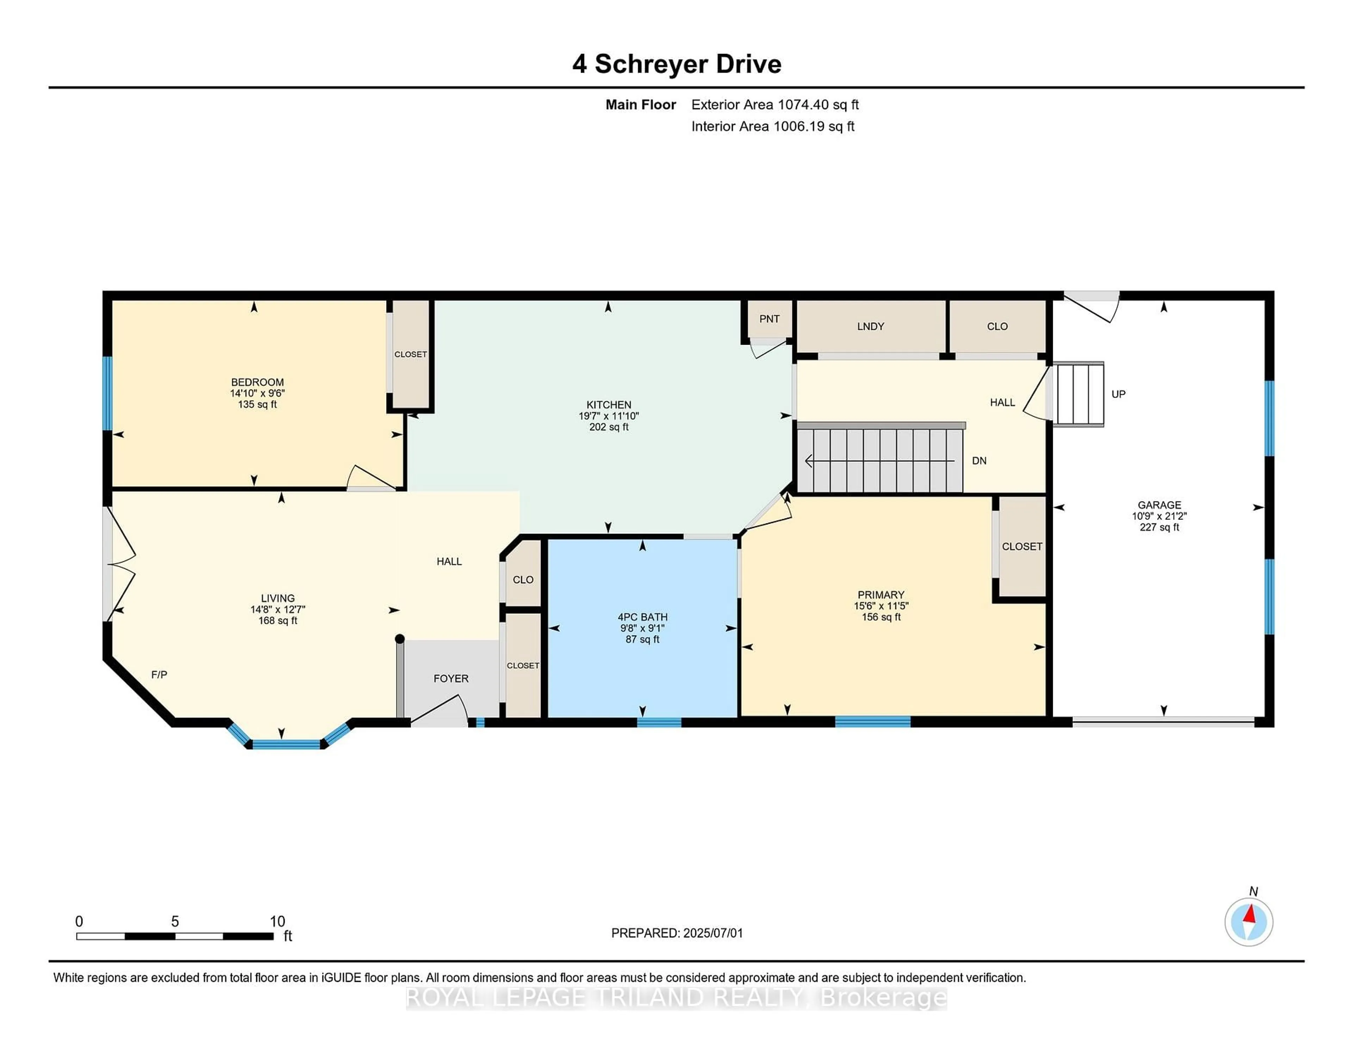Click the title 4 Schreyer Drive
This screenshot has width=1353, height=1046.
[x=676, y=64]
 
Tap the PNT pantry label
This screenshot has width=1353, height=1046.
[x=769, y=319]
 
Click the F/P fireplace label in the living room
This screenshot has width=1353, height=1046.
[x=159, y=674]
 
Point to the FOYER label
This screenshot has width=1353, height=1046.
[x=450, y=678]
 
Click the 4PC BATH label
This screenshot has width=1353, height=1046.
[x=642, y=617]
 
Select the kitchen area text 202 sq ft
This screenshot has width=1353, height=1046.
[x=608, y=427]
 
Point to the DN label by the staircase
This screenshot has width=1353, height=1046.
[x=979, y=460]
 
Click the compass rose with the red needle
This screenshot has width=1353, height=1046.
[x=1248, y=922]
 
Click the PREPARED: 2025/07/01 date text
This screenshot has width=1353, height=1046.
[x=676, y=933]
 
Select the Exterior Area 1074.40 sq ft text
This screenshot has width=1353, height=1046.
[x=774, y=105]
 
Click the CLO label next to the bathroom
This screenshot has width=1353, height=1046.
[x=523, y=579]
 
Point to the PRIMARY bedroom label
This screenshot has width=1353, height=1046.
[x=880, y=594]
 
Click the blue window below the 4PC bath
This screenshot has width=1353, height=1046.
[x=659, y=721]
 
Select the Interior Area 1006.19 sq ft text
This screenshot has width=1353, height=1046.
[x=773, y=127]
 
